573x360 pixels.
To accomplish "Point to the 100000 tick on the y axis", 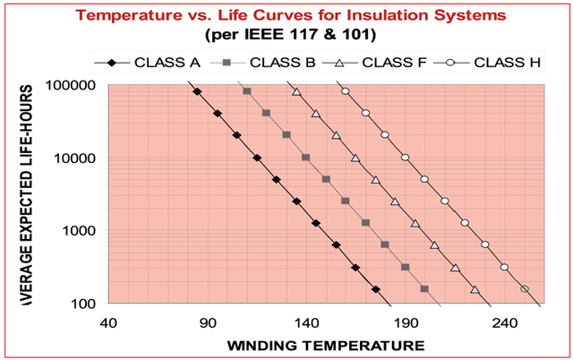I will tap(74, 86).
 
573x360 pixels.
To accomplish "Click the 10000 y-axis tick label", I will tap(78, 159).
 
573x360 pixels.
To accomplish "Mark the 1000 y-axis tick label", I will tap(81, 231).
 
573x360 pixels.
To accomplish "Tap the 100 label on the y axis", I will tap(85, 304).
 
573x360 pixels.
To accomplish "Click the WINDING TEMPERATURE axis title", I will tap(325, 345).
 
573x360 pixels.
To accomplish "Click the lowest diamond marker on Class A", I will tap(376, 289).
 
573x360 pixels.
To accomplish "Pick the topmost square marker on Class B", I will tap(247, 91).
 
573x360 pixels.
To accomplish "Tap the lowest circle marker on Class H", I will tap(525, 289).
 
